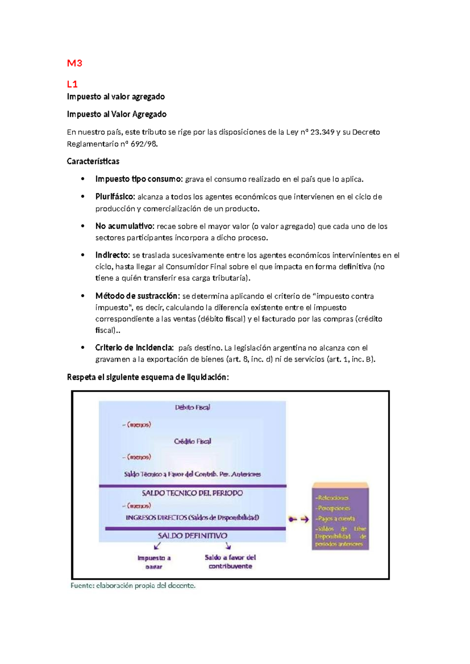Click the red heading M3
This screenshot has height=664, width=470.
pos(74,63)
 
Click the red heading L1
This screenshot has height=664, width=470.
pos(72,84)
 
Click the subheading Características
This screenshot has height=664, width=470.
pos(93,161)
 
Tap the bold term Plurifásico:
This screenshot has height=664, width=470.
pos(115,197)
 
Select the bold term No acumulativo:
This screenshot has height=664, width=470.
pos(125,226)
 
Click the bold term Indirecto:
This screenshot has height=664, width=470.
pos(112,255)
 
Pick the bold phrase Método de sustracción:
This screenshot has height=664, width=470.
pos(137,296)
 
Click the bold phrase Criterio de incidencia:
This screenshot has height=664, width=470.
pos(134,348)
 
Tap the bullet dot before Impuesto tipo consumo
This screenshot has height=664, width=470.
pos(83,179)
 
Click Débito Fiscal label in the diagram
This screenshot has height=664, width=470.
pos(192,408)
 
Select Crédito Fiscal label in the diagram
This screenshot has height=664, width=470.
pos(192,441)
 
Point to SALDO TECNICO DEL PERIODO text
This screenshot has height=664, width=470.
pos(192,493)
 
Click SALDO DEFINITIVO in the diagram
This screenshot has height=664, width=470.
pos(192,536)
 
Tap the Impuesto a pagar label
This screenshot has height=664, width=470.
pos(154,562)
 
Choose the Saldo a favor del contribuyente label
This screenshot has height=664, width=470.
pos(230,561)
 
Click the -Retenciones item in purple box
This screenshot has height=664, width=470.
pos(332,498)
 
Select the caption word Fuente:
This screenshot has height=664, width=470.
pos(82,586)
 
